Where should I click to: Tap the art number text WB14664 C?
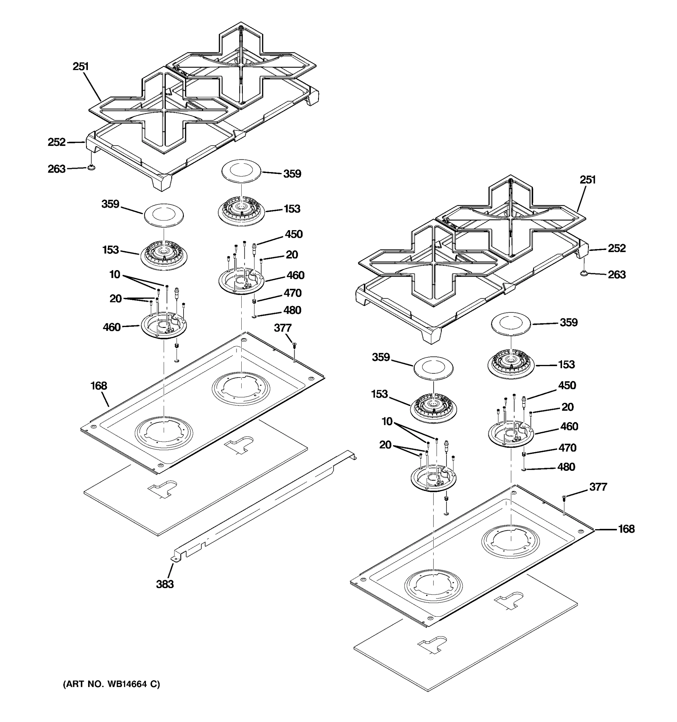[x=112, y=684]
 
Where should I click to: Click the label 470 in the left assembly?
[x=292, y=293]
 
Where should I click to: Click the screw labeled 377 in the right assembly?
[x=564, y=497]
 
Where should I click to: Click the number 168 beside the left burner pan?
[x=99, y=386]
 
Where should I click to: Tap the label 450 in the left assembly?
[x=293, y=234]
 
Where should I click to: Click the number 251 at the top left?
[x=81, y=67]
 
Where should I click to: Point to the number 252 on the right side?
[x=617, y=248]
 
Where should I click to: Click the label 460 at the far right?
[x=569, y=426]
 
